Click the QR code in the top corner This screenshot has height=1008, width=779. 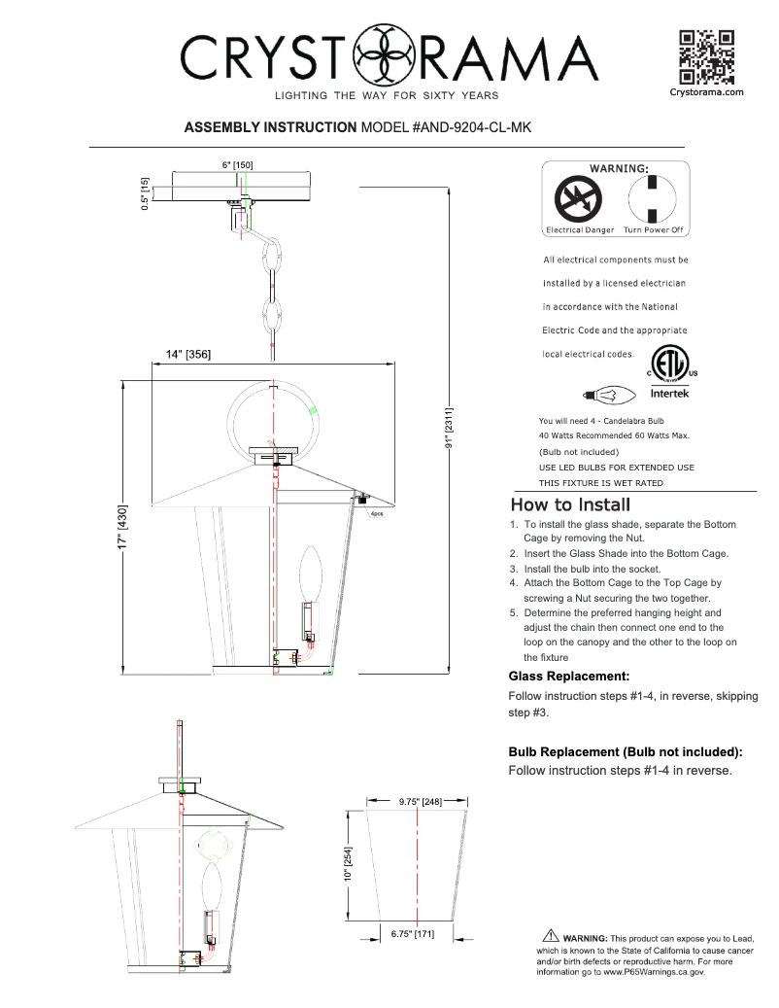tap(706, 56)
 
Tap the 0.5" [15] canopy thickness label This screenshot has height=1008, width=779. tap(145, 192)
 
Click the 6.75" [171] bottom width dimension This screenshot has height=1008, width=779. tap(412, 934)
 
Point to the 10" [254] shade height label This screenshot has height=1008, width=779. tap(348, 863)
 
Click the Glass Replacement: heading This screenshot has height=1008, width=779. tap(569, 675)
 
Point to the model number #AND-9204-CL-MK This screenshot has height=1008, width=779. tap(445, 127)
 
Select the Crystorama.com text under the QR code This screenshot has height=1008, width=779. tap(706, 92)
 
